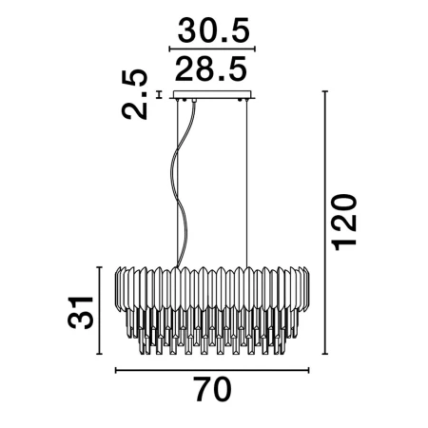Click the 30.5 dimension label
click(214, 30)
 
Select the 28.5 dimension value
click(211, 68)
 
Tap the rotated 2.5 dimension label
click(135, 94)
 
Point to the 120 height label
click(344, 222)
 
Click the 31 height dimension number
click(81, 313)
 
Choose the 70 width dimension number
click(213, 389)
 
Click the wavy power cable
click(181, 184)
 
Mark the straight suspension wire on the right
click(246, 184)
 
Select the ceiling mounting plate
click(212, 95)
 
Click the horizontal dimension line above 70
click(212, 370)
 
